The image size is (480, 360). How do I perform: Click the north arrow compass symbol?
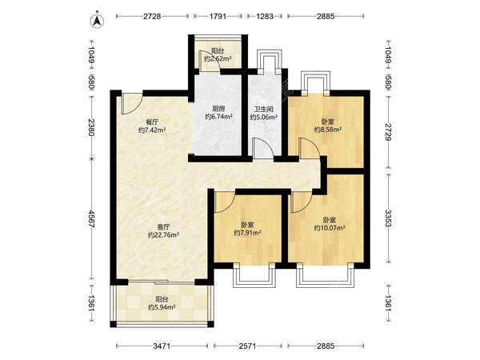click(x=97, y=21)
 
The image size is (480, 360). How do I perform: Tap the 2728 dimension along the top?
click(x=152, y=16)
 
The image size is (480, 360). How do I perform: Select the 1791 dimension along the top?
click(x=218, y=16)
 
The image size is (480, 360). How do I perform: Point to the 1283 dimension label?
click(x=265, y=16)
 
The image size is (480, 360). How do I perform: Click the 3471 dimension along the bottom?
click(x=162, y=346)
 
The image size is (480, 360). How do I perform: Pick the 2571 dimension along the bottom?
click(x=247, y=346)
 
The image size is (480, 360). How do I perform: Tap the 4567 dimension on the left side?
click(x=91, y=218)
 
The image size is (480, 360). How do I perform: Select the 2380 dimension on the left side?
click(x=91, y=127)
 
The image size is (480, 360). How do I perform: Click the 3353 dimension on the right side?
click(x=388, y=218)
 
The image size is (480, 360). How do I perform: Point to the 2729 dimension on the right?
click(x=388, y=132)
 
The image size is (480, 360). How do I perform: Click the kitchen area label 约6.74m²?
click(x=218, y=117)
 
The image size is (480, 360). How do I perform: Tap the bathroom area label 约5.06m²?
click(x=264, y=117)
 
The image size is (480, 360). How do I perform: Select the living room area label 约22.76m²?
click(x=163, y=235)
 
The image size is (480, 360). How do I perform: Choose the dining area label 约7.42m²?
click(x=152, y=130)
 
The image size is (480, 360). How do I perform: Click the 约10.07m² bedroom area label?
click(x=330, y=228)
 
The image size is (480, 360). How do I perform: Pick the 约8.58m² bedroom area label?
click(x=328, y=130)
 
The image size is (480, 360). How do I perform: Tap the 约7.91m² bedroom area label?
click(x=247, y=233)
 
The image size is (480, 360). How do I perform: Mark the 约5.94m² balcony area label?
click(x=162, y=307)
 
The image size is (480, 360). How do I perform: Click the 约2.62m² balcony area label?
click(x=218, y=58)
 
